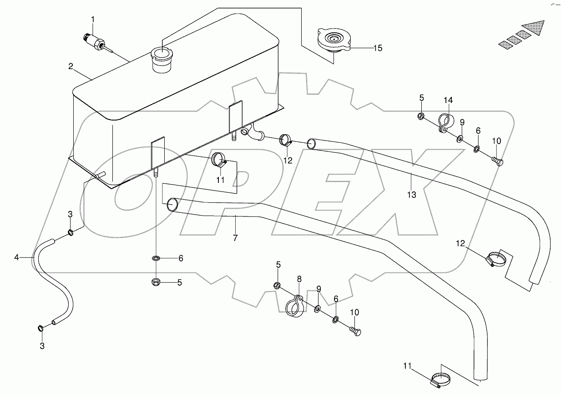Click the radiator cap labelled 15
coord(334,40)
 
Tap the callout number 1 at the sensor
coord(93,19)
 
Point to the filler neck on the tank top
coord(160,59)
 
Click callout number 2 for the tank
coord(71,66)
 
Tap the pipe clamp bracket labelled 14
coord(445,123)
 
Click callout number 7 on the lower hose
coord(235,237)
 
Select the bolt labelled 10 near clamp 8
coord(355,332)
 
